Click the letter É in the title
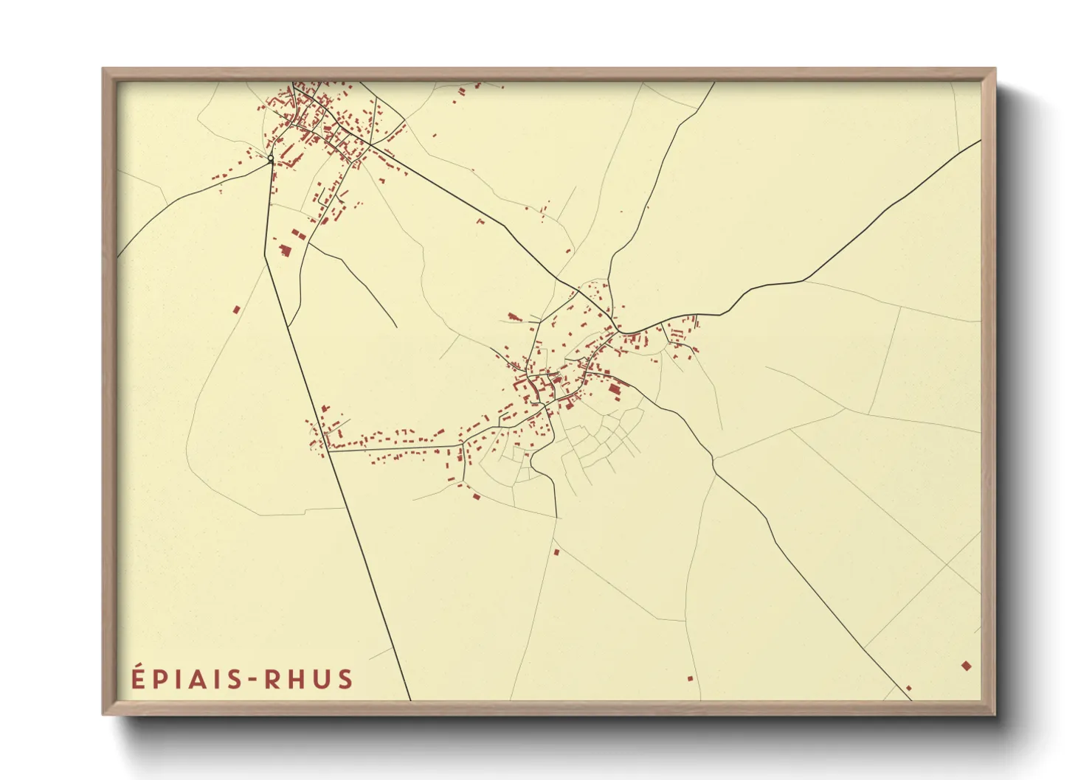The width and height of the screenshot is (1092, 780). click(x=139, y=678)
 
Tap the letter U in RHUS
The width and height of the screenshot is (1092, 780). click(x=322, y=679)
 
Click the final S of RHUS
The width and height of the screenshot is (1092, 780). click(x=345, y=679)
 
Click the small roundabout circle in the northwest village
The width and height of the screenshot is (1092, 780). click(x=271, y=159)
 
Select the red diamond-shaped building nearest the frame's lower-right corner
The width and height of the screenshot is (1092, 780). click(x=966, y=666)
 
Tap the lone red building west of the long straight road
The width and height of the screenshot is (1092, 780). click(x=236, y=310)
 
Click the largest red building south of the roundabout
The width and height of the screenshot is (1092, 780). click(x=285, y=250)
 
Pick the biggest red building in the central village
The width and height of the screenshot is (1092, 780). click(x=614, y=389)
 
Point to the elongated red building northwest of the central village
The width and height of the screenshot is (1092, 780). click(x=514, y=317)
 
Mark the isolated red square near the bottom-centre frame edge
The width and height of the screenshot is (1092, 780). click(x=691, y=678)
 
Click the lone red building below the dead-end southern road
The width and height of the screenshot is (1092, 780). click(x=556, y=551)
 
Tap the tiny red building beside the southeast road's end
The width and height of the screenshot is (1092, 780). click(x=908, y=688)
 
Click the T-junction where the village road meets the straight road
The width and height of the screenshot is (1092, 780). click(x=329, y=450)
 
